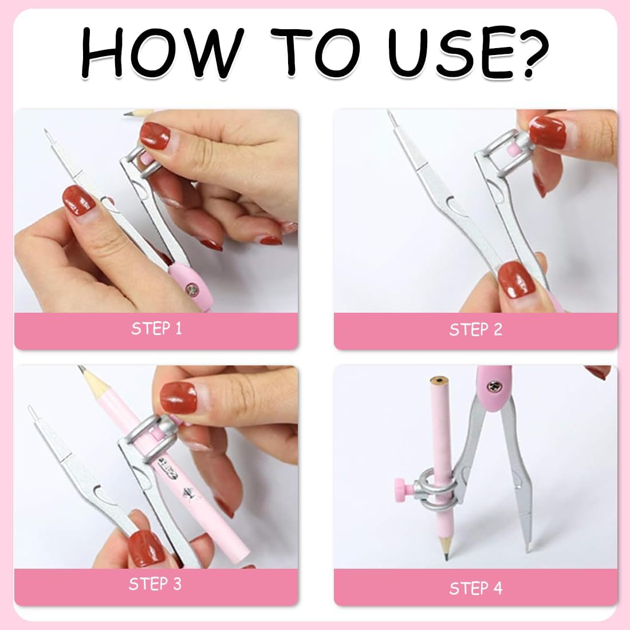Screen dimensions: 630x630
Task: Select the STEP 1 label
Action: pyautogui.click(x=156, y=329)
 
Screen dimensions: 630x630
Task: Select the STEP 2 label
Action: pyautogui.click(x=476, y=329)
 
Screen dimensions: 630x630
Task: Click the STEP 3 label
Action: pyautogui.click(x=155, y=584)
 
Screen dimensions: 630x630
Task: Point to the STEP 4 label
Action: pyautogui.click(x=476, y=588)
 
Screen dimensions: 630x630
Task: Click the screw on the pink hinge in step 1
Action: pyautogui.click(x=191, y=288)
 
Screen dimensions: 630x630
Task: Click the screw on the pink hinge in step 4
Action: pyautogui.click(x=493, y=387)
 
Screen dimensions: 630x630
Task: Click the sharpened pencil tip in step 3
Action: pyautogui.click(x=81, y=368)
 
